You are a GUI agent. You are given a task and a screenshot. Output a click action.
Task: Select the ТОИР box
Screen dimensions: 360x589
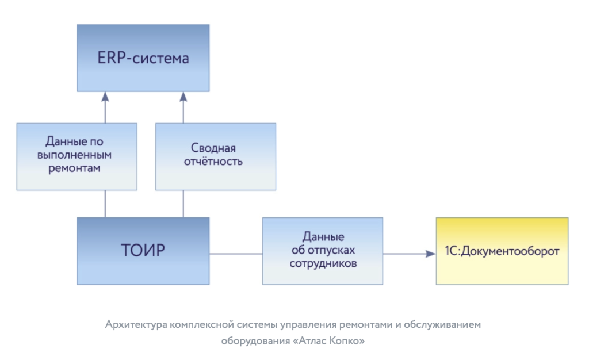pos(143,251)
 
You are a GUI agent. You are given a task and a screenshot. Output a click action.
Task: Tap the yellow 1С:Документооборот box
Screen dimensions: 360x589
pos(502,251)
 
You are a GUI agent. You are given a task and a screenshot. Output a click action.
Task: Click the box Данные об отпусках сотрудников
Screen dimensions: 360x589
pos(323,251)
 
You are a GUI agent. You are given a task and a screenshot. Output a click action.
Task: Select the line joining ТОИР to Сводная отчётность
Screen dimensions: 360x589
pos(183,204)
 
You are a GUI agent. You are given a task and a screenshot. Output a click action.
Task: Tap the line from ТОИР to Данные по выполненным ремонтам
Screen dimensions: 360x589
pos(105,204)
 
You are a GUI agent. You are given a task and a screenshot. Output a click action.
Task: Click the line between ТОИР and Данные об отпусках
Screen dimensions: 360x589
pos(236,253)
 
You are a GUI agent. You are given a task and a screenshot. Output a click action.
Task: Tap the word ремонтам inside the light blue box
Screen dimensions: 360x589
pos(77,169)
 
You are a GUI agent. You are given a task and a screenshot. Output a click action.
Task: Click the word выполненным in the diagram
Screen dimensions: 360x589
pos(77,155)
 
